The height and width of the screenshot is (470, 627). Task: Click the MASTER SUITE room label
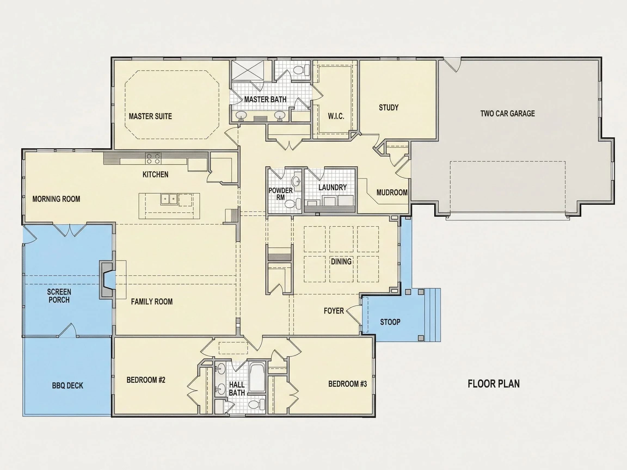[150, 116]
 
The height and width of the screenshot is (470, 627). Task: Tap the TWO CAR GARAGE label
[507, 114]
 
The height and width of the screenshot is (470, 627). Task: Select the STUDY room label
[389, 108]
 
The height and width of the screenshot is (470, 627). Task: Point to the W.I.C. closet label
[336, 116]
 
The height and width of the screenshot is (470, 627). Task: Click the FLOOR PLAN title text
[493, 384]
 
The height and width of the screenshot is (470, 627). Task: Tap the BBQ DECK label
[67, 386]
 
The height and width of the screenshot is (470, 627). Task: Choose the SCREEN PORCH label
[59, 296]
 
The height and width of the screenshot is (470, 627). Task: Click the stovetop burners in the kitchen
[153, 158]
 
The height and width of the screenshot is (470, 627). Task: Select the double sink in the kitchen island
[169, 199]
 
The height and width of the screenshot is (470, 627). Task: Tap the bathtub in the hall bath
[257, 378]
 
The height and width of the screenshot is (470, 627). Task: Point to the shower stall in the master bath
[248, 70]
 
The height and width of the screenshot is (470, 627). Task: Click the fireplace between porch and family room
[107, 280]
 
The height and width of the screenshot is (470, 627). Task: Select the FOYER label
[334, 311]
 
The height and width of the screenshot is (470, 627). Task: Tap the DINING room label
[341, 261]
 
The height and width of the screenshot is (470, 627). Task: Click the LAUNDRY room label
[333, 187]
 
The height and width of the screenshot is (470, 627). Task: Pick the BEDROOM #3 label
[348, 384]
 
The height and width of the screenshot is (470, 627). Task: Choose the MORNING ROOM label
[56, 199]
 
